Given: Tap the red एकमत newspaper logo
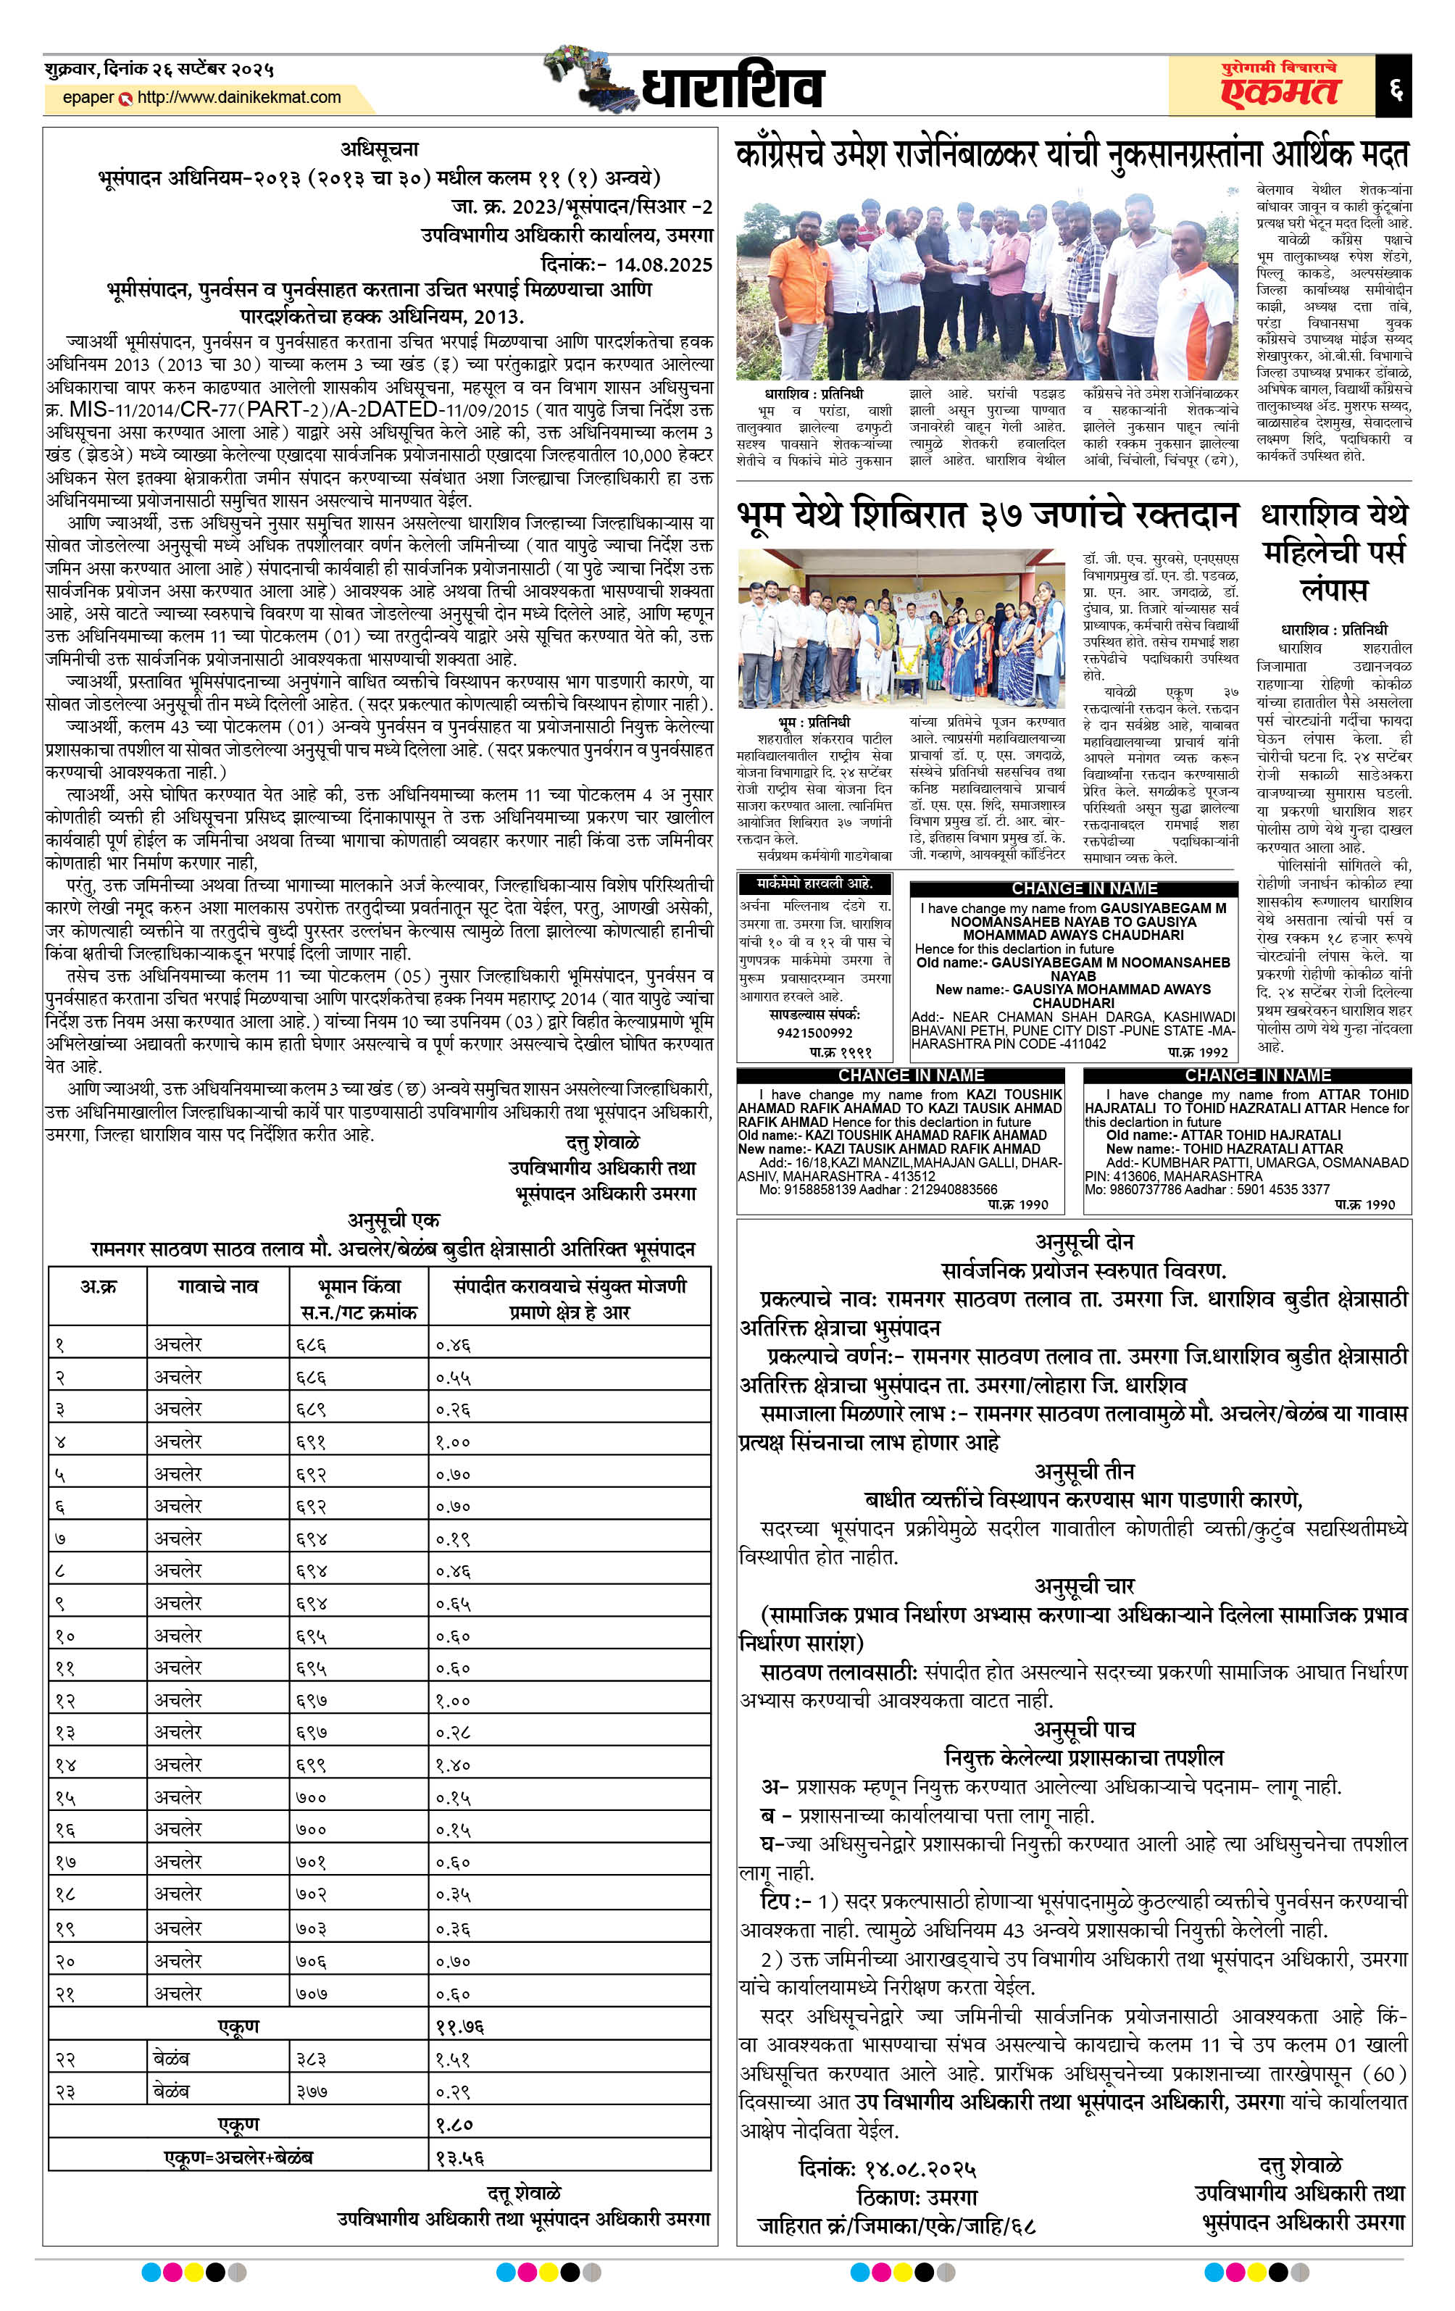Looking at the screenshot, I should point(1280,90).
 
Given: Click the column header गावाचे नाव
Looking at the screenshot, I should point(218,1287).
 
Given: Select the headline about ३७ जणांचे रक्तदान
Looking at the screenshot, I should point(988,516).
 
